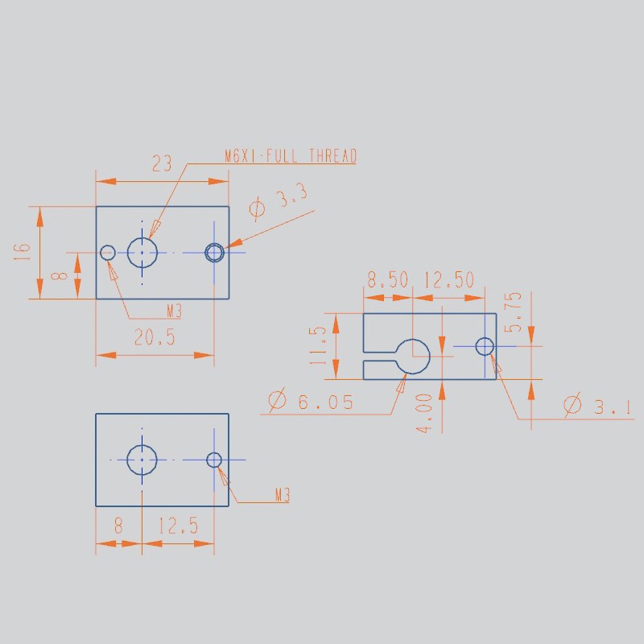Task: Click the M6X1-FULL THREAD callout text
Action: (x=291, y=156)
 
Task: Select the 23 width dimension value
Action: (x=162, y=164)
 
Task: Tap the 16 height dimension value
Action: (x=22, y=251)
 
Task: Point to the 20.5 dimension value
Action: (x=155, y=337)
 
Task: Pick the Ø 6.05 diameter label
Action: (x=311, y=400)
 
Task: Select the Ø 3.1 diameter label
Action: (x=597, y=405)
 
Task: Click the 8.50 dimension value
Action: (x=388, y=279)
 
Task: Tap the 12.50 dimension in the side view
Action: (x=449, y=279)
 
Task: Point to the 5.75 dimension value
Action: (x=513, y=312)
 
